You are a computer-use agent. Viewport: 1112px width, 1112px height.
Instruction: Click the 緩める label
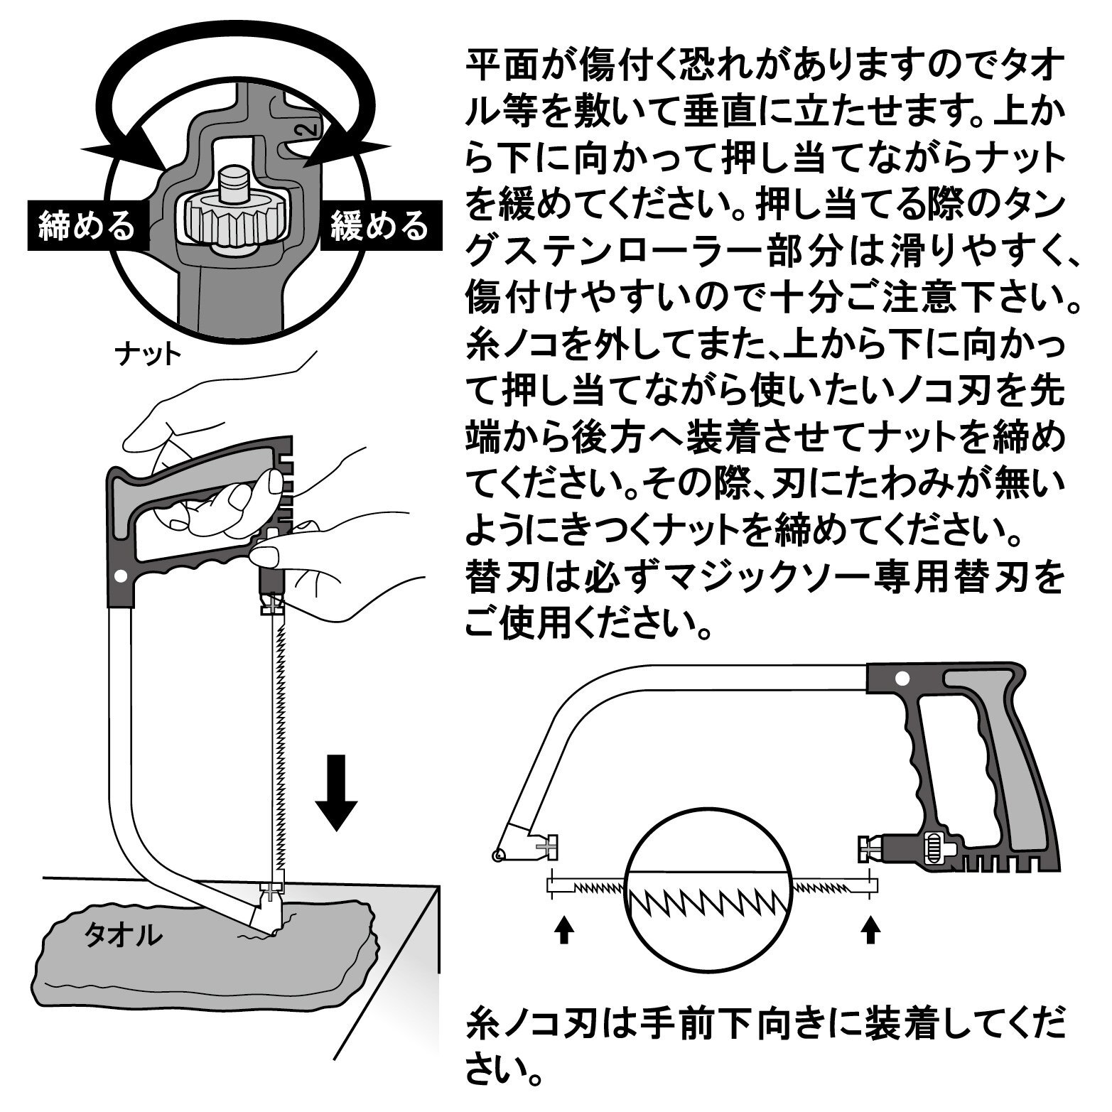[x=379, y=226]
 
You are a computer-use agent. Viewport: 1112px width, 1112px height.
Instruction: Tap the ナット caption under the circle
[x=147, y=353]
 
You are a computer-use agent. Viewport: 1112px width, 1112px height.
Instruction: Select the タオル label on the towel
[x=123, y=936]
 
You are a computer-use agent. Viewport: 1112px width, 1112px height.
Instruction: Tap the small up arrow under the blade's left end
[x=563, y=929]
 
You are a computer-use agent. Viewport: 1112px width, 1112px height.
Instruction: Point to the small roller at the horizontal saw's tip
[x=498, y=855]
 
